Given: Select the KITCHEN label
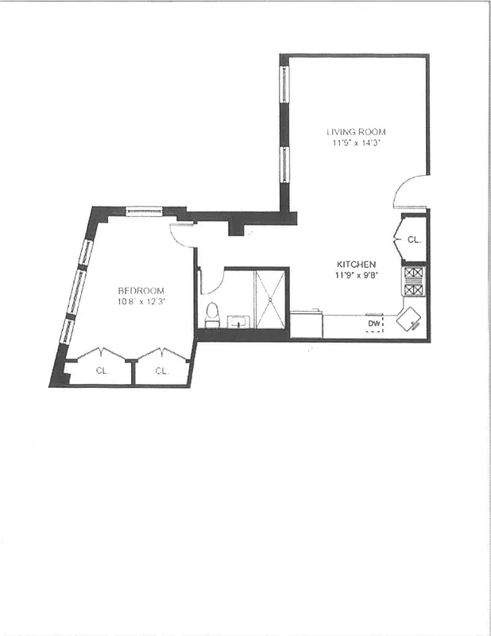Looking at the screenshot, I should click(x=355, y=264).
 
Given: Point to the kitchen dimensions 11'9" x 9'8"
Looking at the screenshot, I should click(x=355, y=276).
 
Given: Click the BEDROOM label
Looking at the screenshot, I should click(x=141, y=290).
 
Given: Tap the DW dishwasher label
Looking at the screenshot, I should click(x=373, y=324).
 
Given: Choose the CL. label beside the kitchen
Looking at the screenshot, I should click(x=414, y=239).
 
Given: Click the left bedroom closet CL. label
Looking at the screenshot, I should click(x=102, y=371).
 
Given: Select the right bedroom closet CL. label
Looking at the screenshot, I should click(x=161, y=371).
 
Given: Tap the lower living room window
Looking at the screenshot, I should click(x=283, y=163).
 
